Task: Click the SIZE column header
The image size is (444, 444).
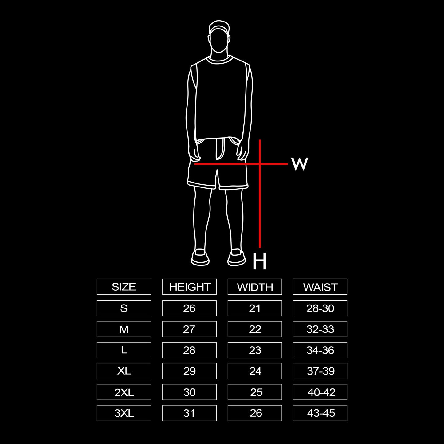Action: [124, 287]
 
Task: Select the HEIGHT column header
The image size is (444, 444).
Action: [189, 287]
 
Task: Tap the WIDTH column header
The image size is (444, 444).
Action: [255, 287]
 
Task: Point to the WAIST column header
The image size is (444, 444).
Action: [320, 287]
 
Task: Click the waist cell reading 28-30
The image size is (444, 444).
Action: [320, 308]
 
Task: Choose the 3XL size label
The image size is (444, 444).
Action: [124, 413]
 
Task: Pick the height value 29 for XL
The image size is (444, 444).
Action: [189, 371]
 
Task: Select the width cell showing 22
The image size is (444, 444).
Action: [255, 329]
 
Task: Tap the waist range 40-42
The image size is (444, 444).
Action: [321, 392]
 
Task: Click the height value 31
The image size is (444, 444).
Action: [189, 413]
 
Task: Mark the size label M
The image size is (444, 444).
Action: [124, 329]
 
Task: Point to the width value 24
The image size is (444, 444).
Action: [255, 371]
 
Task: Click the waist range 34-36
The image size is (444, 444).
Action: [320, 350]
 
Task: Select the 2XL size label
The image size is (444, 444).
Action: [124, 392]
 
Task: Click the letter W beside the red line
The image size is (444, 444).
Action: [299, 164]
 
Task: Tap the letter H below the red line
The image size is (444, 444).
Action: [260, 262]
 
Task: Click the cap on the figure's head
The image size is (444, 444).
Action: [219, 27]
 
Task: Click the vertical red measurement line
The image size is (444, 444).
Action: [260, 209]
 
